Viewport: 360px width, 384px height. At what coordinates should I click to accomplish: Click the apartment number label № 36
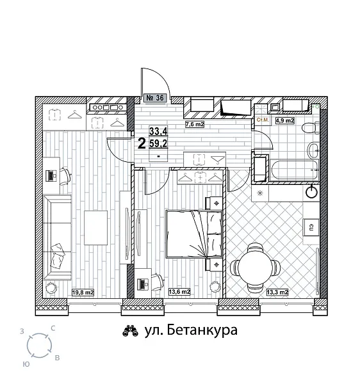156,98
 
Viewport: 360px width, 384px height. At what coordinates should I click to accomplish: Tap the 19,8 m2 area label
83,292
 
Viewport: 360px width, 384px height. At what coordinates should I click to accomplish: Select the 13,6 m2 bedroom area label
179,292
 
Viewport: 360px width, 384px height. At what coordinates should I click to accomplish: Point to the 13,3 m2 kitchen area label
277,292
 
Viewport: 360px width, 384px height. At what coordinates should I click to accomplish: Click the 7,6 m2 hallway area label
194,124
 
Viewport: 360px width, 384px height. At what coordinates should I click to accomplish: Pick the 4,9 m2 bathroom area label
284,120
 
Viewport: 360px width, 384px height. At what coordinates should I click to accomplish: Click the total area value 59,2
157,143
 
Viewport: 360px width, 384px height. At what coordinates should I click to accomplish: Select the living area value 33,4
157,131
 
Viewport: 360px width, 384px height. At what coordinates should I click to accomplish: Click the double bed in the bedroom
194,232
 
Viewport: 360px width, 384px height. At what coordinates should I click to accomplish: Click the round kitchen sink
312,191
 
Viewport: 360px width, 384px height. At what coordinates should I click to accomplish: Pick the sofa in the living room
56,237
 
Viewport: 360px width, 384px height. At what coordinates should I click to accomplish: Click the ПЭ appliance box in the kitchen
309,227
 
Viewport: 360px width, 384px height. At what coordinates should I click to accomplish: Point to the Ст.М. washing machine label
262,120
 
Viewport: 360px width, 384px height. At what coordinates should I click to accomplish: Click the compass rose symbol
40,346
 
